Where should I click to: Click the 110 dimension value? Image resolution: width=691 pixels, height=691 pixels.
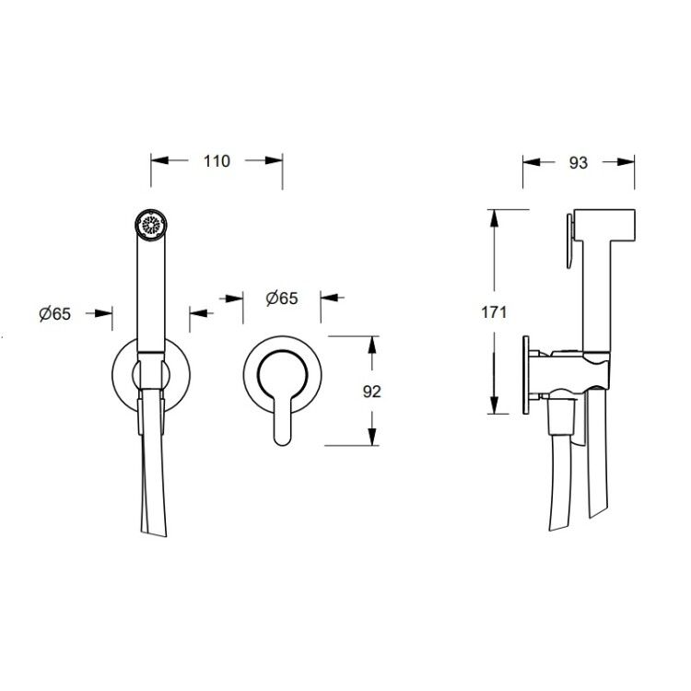tap(217, 161)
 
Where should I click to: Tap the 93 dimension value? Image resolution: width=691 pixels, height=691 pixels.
tap(579, 163)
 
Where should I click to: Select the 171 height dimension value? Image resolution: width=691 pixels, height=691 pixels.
tap(494, 312)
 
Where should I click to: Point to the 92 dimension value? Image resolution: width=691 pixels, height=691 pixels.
tap(371, 392)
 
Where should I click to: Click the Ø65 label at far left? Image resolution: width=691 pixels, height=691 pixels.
tap(55, 314)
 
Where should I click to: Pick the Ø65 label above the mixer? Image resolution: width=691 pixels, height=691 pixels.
tap(282, 299)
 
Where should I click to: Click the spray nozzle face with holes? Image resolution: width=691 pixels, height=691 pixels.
tap(151, 226)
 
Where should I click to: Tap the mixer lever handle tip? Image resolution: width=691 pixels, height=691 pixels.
tap(282, 439)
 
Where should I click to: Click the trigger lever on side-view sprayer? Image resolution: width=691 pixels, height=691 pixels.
tap(570, 240)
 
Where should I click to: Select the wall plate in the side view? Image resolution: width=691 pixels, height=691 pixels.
tap(526, 375)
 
